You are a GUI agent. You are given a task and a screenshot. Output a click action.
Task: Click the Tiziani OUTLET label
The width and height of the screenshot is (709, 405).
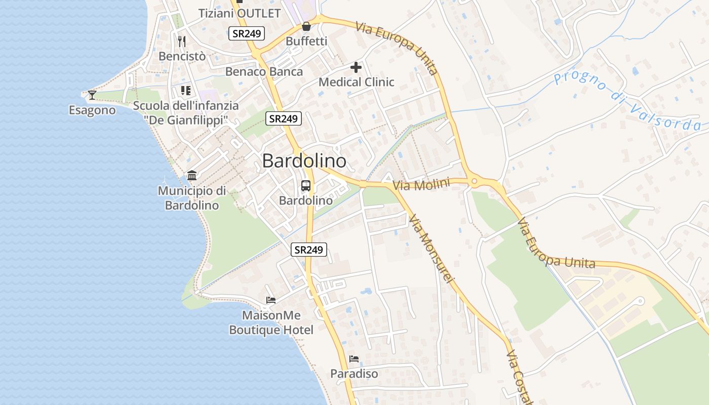click(x=239, y=13)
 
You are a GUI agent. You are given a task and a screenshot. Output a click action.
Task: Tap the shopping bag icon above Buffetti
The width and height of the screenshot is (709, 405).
click(x=306, y=26)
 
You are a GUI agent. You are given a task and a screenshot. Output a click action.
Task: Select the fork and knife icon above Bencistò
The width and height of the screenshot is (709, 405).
click(x=182, y=42)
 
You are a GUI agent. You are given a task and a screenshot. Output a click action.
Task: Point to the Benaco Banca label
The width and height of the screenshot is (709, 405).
click(x=264, y=71)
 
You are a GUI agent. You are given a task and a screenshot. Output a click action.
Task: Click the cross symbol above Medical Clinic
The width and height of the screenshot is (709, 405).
click(x=356, y=67)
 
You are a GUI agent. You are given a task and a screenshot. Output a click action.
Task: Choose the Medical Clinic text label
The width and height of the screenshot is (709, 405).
click(x=356, y=82)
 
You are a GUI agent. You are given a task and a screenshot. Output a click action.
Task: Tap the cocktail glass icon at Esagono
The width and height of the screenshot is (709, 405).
click(x=92, y=95)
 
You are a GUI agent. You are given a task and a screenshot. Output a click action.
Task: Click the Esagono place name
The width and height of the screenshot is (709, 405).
click(x=92, y=110)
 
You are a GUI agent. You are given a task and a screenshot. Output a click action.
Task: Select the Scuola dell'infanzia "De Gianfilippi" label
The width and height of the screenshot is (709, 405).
click(x=186, y=113)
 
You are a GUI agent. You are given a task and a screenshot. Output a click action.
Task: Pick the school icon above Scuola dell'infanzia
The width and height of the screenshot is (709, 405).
click(x=185, y=91)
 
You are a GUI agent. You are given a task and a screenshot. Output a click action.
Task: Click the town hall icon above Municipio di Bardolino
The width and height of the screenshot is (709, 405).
click(x=192, y=176)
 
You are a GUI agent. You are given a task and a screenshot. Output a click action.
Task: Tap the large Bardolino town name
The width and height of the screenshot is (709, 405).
click(x=304, y=161)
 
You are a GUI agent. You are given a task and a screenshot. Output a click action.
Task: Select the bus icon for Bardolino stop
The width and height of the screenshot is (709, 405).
click(x=306, y=186)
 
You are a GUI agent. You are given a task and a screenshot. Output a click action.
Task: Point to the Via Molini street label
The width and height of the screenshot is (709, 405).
click(x=421, y=185)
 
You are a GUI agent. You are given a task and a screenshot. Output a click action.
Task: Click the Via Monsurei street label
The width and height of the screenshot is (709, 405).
click(x=432, y=248)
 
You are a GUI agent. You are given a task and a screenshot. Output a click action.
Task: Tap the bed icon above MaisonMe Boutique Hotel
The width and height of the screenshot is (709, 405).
click(x=271, y=300)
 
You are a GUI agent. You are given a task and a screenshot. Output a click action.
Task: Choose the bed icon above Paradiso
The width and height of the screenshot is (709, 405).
click(x=354, y=359)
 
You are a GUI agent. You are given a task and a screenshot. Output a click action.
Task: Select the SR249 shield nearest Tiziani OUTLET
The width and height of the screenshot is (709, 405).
click(x=247, y=34)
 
